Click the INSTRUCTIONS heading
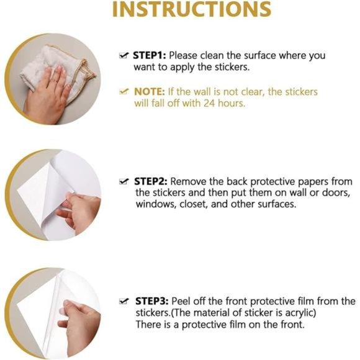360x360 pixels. [192, 9]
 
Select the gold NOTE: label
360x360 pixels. [150, 92]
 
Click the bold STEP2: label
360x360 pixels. [151, 181]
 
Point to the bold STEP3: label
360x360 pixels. [152, 301]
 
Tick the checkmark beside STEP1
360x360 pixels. [124, 55]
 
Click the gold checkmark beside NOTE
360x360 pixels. [124, 92]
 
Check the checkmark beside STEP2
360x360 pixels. [124, 181]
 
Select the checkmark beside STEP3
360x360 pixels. [124, 301]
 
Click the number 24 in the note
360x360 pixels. [209, 103]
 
